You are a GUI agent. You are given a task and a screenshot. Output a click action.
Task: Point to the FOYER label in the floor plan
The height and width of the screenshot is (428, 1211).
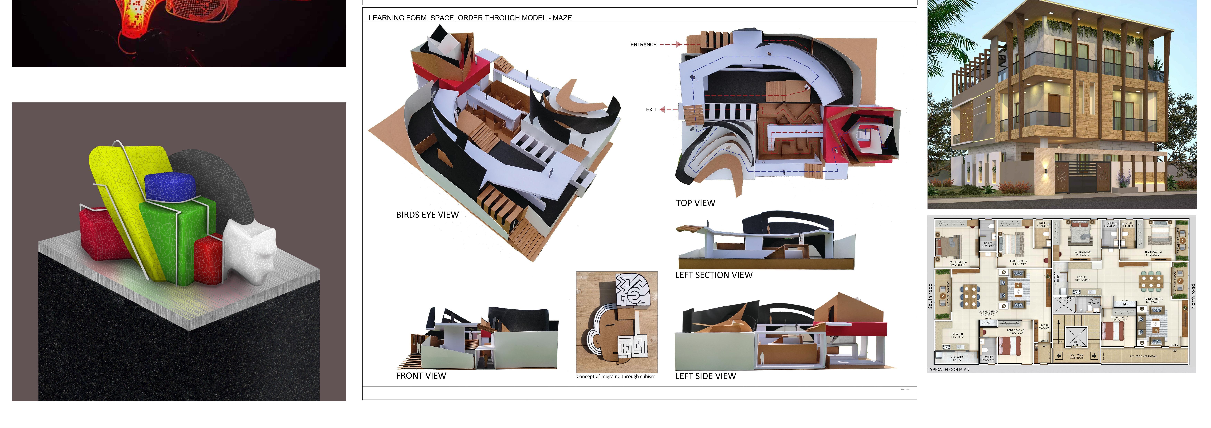click(x=1045, y=325)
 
